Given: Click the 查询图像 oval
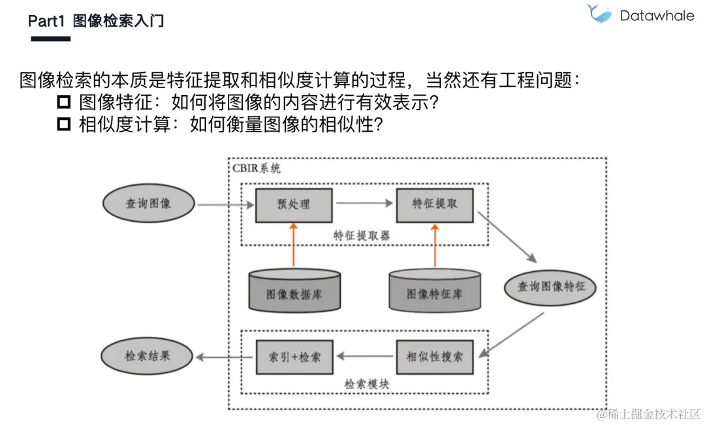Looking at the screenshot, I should click(148, 204).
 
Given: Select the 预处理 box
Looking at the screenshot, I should click(294, 204).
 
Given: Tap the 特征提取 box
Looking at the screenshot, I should click(434, 203).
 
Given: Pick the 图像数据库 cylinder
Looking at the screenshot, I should click(294, 291).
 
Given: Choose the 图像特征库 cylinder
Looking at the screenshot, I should click(434, 291).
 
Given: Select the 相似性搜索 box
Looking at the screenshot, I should click(434, 357).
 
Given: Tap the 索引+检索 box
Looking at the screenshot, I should click(294, 357).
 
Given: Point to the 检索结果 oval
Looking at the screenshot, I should click(148, 357).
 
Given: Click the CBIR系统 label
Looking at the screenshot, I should click(257, 168).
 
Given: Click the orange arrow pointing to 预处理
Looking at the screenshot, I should click(294, 244).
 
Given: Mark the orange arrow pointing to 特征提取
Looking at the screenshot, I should click(434, 244).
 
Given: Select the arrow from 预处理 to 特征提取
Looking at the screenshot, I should click(364, 203).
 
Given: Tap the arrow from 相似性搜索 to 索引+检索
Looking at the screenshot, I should click(364, 357).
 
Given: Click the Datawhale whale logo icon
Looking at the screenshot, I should click(599, 14).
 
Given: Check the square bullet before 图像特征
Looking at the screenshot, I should click(63, 102).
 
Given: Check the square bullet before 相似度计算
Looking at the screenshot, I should click(63, 125).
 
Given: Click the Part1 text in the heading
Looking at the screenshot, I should click(46, 21).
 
